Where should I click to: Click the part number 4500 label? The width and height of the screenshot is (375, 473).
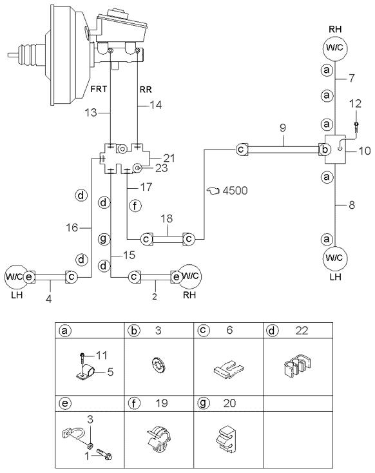235,191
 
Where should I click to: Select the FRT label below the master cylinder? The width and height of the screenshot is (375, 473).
99,89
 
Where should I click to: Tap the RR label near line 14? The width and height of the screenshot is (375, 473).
146,90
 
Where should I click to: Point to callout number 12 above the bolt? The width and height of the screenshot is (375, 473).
356,104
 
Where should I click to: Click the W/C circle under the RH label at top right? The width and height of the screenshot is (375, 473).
335,48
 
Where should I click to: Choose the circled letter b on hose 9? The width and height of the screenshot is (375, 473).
325,150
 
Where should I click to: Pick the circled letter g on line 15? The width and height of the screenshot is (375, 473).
104,239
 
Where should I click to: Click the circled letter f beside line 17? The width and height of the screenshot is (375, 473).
135,206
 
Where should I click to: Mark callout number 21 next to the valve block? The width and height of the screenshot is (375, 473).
169,158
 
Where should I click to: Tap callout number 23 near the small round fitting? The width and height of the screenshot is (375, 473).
161,168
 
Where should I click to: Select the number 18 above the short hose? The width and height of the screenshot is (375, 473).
166,218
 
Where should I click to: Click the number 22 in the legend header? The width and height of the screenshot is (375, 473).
302,331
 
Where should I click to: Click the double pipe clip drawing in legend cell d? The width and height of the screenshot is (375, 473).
298,367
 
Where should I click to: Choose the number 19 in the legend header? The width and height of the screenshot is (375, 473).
161,403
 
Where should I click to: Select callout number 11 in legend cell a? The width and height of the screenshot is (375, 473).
101,355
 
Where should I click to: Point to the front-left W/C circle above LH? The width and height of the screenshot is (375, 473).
14,276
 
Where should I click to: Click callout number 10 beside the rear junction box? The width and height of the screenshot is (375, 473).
365,150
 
